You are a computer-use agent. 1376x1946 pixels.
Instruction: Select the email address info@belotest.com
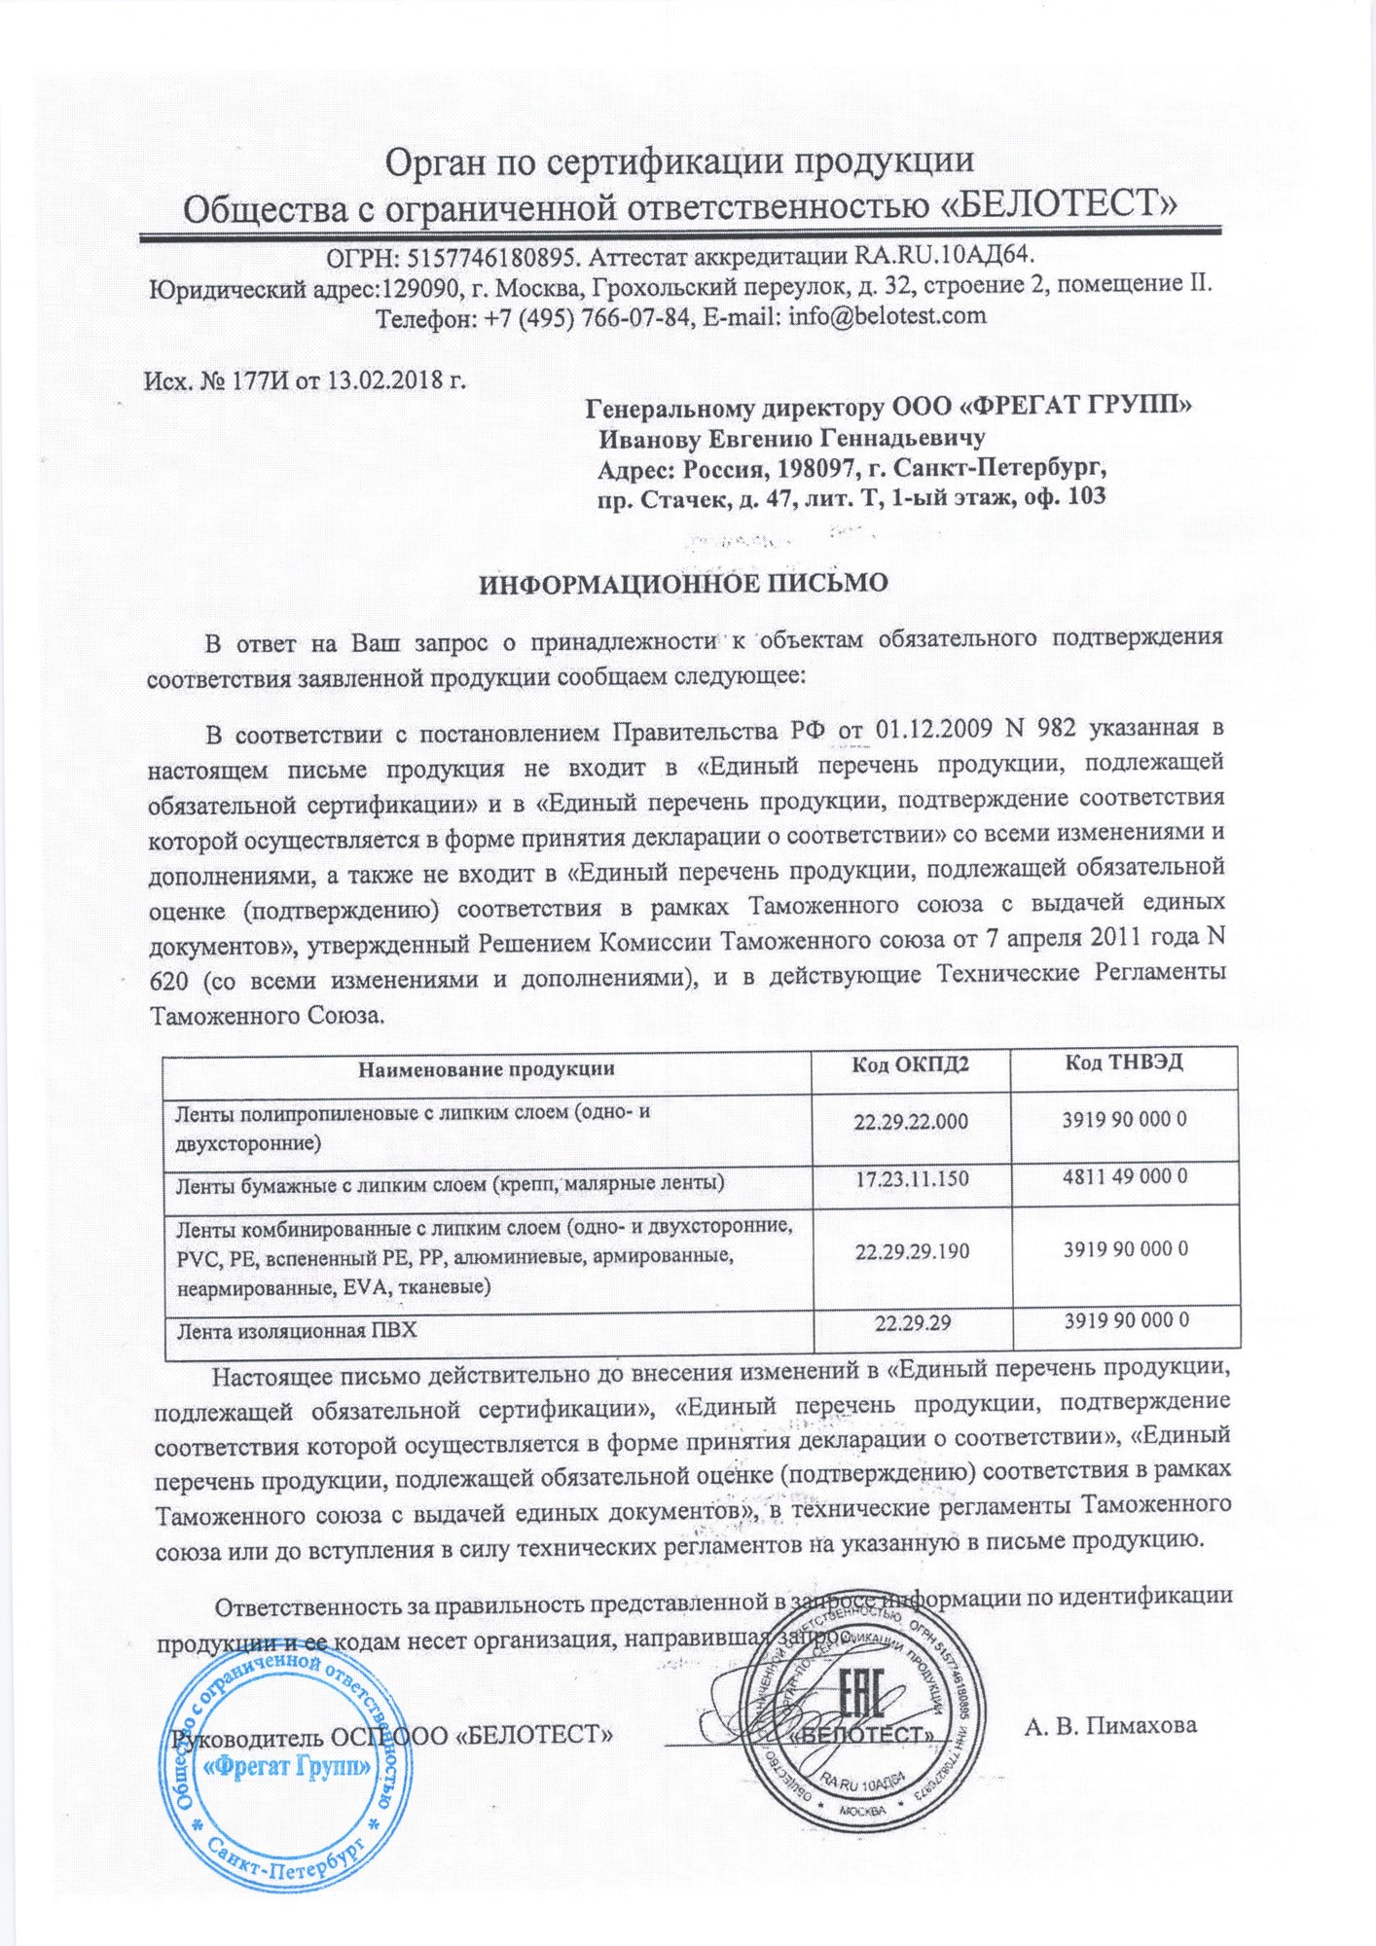tap(887, 315)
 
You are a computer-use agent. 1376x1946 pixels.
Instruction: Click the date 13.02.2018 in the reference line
tap(384, 379)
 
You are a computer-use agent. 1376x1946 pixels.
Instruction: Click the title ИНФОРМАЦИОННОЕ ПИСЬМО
tap(684, 583)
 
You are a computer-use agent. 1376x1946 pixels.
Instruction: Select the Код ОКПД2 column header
tap(910, 1064)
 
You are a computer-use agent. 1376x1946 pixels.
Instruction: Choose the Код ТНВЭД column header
tap(1124, 1062)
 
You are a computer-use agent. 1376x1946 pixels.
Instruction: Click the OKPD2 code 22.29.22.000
tap(911, 1121)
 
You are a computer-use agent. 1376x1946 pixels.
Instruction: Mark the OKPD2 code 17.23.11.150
tap(912, 1179)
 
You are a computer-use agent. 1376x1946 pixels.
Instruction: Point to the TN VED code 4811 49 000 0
tap(1125, 1176)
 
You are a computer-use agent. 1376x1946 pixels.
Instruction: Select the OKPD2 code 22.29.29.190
tap(912, 1251)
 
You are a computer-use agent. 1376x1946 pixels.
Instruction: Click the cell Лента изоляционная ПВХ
tap(297, 1330)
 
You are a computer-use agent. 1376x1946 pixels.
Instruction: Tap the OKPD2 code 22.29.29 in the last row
tap(912, 1322)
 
